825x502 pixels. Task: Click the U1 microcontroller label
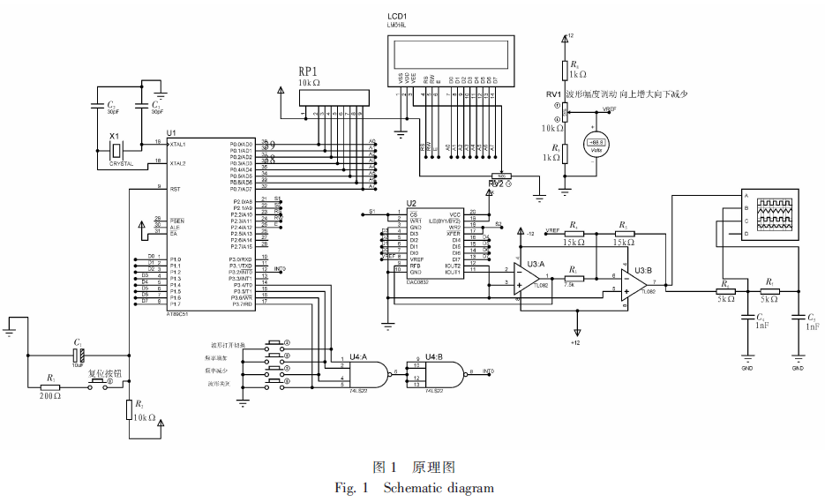point(171,132)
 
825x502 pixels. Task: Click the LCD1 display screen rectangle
point(450,55)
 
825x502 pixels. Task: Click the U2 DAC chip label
point(411,203)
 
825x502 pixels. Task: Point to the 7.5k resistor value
point(571,284)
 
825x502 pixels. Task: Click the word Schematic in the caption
point(414,488)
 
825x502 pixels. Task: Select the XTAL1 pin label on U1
point(177,143)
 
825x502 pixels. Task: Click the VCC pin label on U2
point(455,214)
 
